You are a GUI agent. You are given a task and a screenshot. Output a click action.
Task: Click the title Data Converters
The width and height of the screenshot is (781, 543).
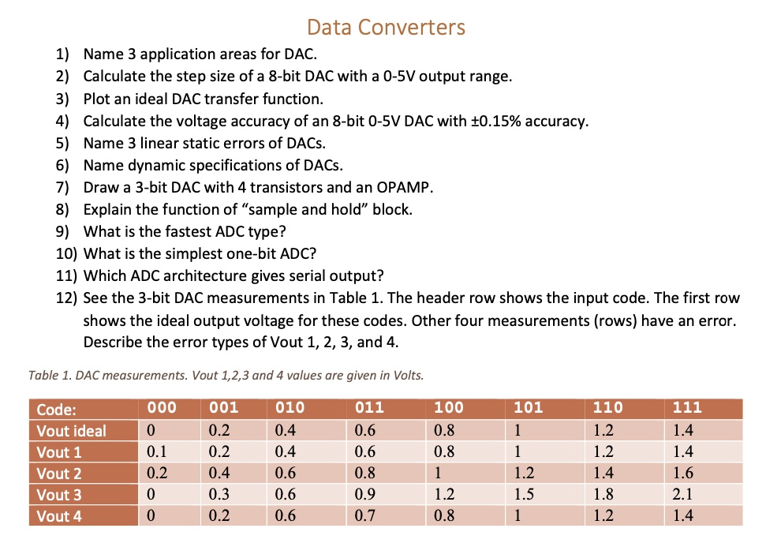click(x=386, y=28)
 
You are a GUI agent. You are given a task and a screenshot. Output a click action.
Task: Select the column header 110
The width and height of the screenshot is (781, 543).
click(x=607, y=409)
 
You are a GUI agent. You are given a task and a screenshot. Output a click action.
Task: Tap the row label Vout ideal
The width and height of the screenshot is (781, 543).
click(x=71, y=431)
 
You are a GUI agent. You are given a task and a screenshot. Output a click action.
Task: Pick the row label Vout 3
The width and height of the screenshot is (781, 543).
click(x=59, y=495)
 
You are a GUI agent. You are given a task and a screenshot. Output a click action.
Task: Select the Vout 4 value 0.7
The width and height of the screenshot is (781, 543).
click(x=365, y=516)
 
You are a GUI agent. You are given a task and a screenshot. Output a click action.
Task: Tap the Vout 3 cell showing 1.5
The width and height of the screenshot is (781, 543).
click(x=525, y=495)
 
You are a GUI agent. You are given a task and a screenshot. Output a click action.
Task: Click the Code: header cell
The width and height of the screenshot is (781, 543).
click(x=57, y=409)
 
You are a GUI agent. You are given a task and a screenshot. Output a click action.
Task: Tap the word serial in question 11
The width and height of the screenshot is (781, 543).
click(x=294, y=276)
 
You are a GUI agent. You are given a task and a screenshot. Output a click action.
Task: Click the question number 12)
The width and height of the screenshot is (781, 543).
click(x=65, y=299)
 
